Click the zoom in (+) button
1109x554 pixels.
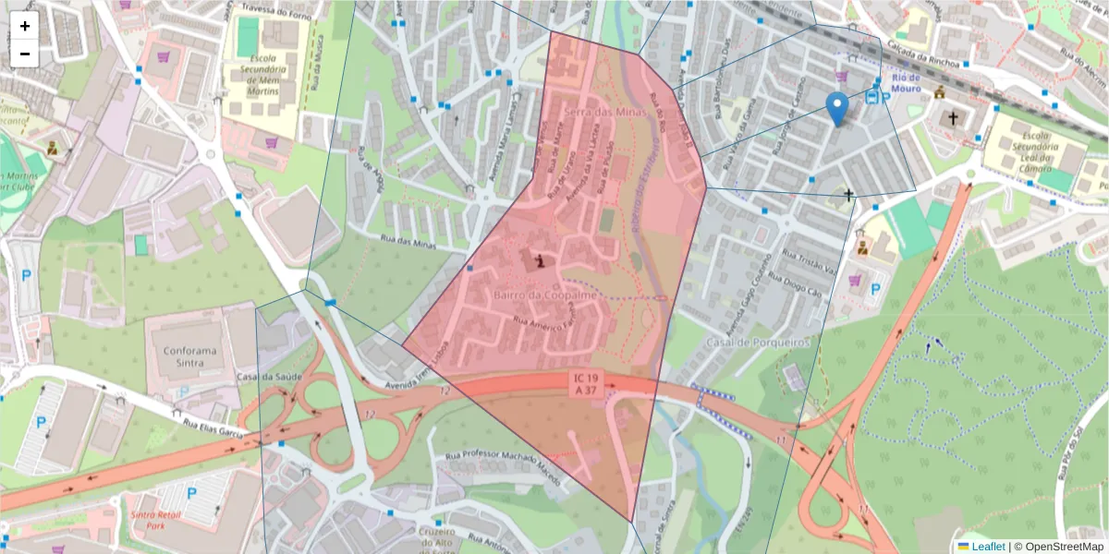pos(25,26)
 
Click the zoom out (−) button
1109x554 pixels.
pos(25,54)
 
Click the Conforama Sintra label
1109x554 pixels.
pos(189,358)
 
